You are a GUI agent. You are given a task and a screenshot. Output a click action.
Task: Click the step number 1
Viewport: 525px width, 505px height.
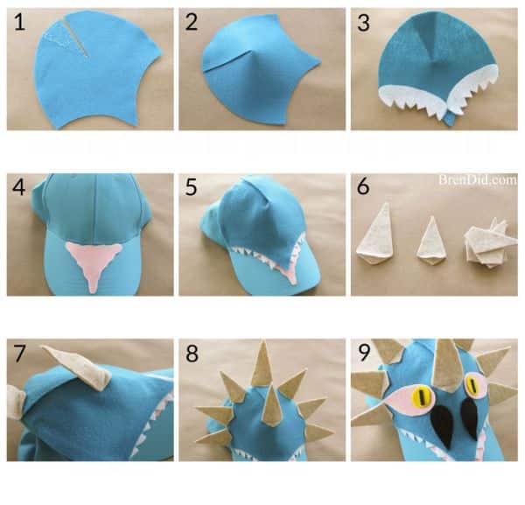click(x=19, y=22)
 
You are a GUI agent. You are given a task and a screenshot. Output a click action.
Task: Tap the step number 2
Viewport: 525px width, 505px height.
click(x=191, y=22)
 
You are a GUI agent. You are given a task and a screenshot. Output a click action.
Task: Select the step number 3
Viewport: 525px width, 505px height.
click(x=363, y=23)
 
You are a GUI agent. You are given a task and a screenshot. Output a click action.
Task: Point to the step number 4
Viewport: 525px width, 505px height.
click(x=19, y=187)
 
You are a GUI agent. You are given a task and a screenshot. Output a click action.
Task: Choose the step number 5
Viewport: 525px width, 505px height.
click(x=191, y=187)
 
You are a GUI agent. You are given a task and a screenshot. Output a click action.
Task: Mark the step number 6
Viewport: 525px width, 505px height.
click(x=363, y=186)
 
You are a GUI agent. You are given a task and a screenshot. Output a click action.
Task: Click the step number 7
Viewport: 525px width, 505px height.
click(x=19, y=354)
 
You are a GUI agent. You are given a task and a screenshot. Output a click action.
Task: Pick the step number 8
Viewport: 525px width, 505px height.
click(x=192, y=354)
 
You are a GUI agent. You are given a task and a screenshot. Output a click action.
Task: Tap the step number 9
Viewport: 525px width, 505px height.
click(x=364, y=353)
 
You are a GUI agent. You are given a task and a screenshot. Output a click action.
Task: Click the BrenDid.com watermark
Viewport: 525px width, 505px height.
click(x=478, y=179)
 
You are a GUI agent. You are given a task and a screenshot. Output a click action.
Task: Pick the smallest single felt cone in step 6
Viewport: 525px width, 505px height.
click(x=431, y=240)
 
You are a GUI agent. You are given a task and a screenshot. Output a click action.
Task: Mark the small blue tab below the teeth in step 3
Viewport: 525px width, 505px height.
click(x=451, y=119)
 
